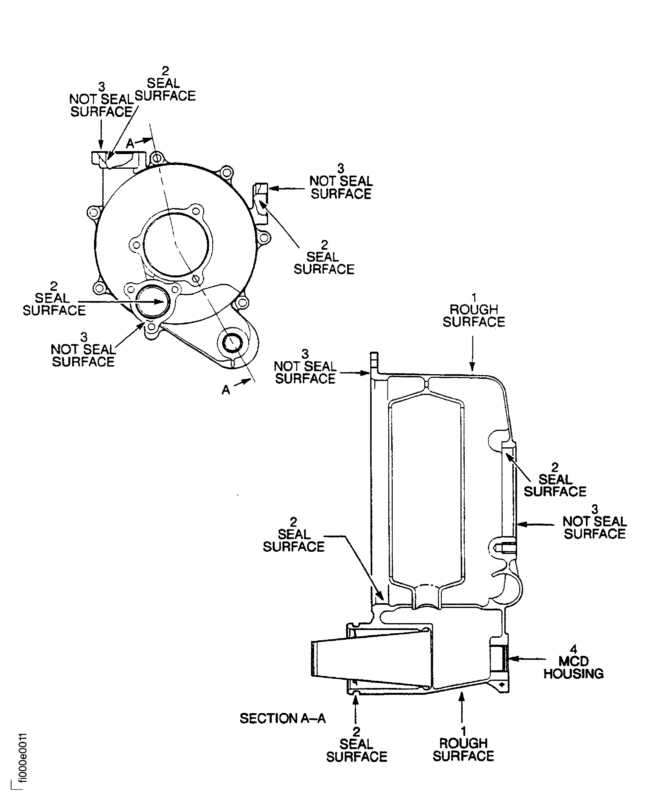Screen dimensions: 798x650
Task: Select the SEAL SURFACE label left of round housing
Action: point(54,304)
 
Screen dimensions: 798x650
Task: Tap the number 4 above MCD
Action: point(573,649)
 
